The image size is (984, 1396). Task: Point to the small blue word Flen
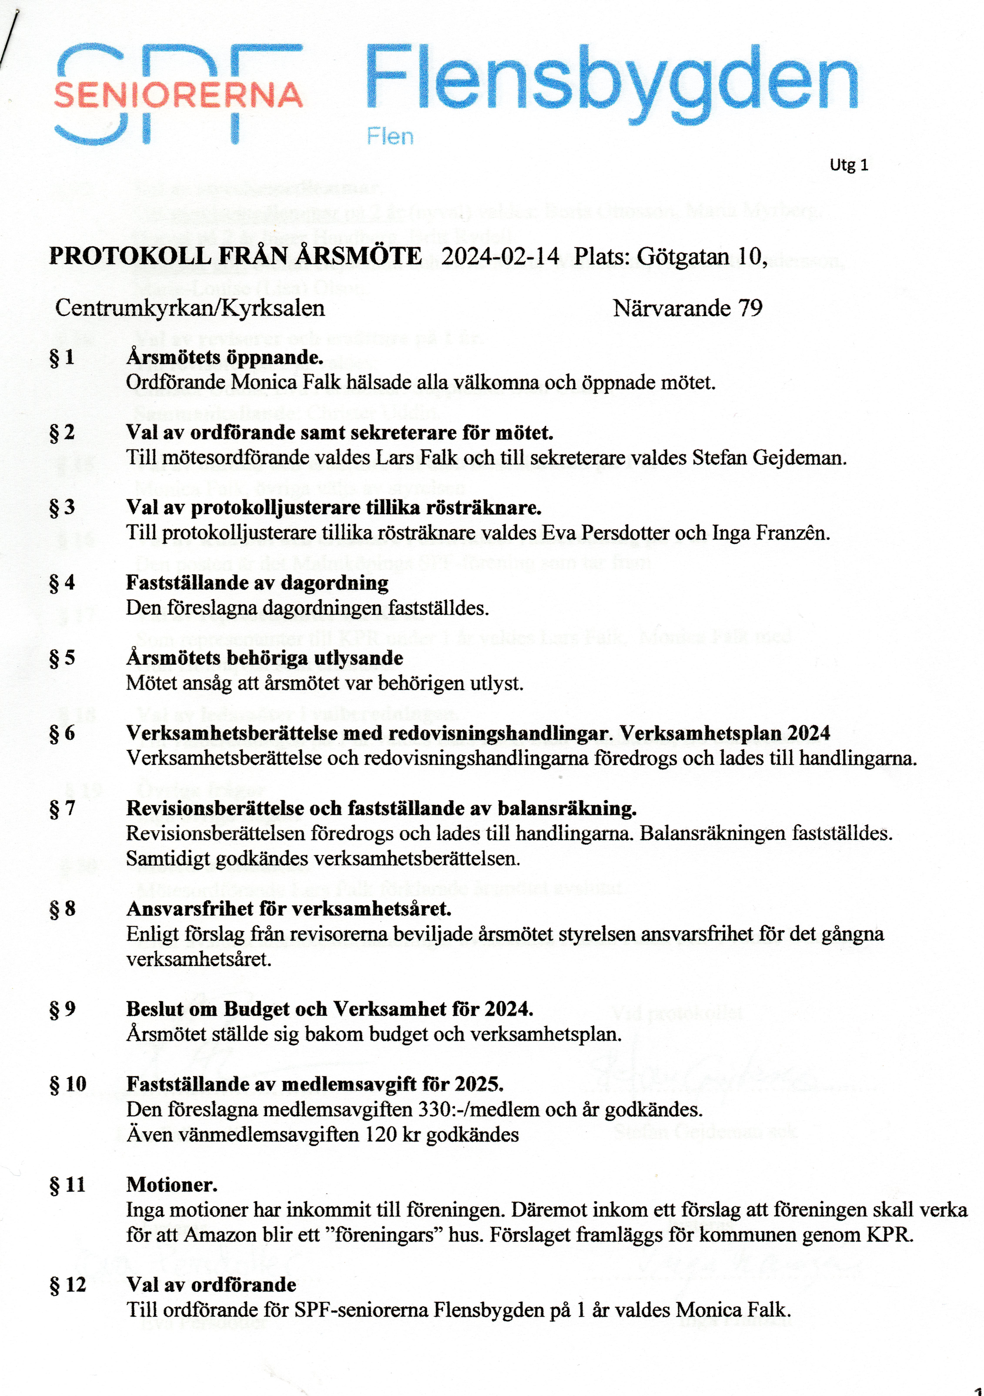click(x=390, y=137)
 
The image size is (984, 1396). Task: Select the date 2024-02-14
click(x=500, y=256)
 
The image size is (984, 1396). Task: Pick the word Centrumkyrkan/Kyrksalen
click(x=190, y=308)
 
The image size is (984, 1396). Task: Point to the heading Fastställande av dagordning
click(x=257, y=583)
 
